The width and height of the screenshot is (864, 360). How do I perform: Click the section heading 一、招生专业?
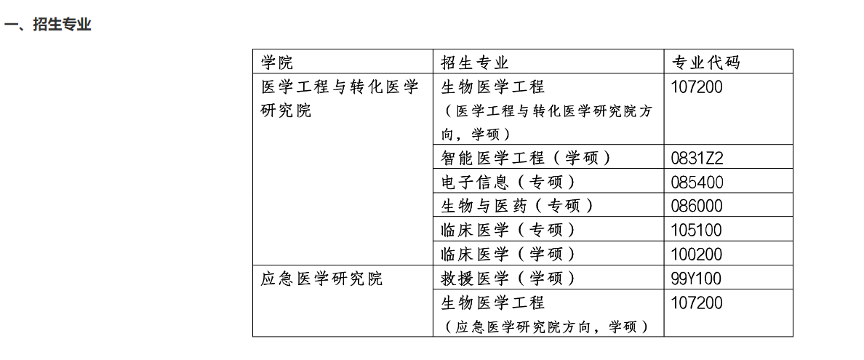pyautogui.click(x=47, y=25)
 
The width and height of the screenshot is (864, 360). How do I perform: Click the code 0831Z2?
pyautogui.click(x=697, y=159)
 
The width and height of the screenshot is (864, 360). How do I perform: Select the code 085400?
pyautogui.click(x=697, y=183)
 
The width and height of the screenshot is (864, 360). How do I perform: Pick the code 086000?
pyautogui.click(x=697, y=207)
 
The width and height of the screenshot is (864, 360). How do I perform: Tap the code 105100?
pyautogui.click(x=697, y=230)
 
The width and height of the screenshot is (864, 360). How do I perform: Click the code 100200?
pyautogui.click(x=697, y=254)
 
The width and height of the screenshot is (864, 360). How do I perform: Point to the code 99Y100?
pyautogui.click(x=696, y=279)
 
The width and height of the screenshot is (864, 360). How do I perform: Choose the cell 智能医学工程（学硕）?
pyautogui.click(x=527, y=159)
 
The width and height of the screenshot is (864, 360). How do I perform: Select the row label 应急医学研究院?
pyautogui.click(x=321, y=279)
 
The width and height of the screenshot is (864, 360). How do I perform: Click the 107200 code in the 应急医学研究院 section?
pyautogui.click(x=697, y=303)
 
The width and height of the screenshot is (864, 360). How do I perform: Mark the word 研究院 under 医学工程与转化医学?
pyautogui.click(x=286, y=111)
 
